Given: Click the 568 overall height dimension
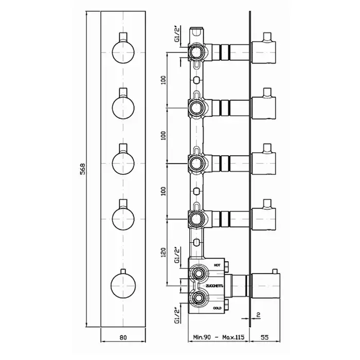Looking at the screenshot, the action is click(x=82, y=169).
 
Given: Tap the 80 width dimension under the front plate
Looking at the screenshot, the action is click(x=123, y=337).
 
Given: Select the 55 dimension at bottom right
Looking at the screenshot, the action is click(x=264, y=337).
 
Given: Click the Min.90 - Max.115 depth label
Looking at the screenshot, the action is click(x=219, y=337).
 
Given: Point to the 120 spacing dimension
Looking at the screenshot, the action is click(x=163, y=252).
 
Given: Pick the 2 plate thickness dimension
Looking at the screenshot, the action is click(x=258, y=315).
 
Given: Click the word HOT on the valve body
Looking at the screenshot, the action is click(x=217, y=265).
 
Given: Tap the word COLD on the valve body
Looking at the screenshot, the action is click(x=217, y=308).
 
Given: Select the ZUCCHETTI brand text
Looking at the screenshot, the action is click(x=214, y=286).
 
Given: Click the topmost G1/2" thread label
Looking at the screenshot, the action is click(x=177, y=34).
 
